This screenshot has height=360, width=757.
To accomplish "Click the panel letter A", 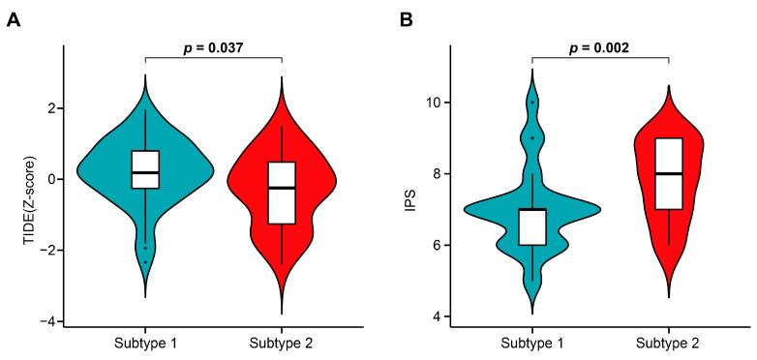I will pos(14,19).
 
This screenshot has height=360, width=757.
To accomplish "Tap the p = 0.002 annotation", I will pos(601,45).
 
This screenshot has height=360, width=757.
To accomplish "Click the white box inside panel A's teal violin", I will pos(145,169).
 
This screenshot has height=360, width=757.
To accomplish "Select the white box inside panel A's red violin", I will pos(282,192).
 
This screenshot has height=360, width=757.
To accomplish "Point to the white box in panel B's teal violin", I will pos(532,226).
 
